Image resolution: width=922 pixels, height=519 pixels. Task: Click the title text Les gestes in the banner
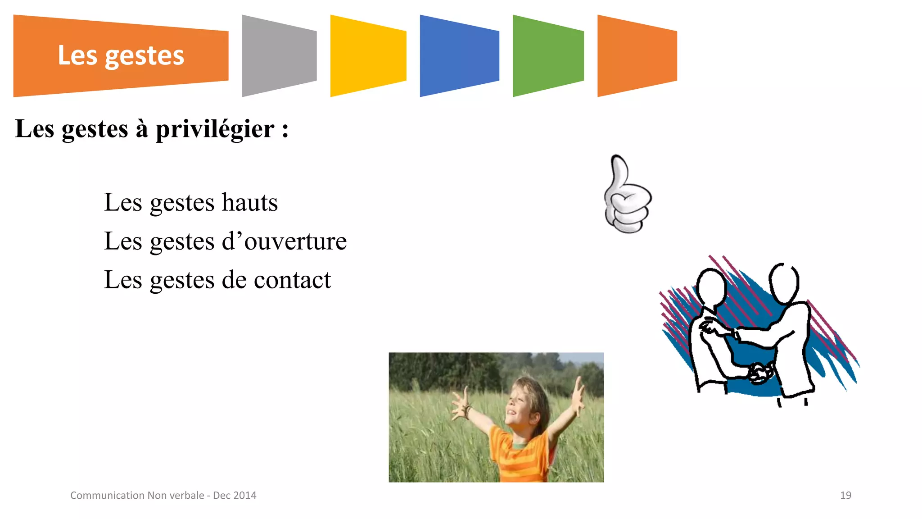point(121,56)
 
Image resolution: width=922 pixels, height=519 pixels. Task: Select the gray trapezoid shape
point(279,56)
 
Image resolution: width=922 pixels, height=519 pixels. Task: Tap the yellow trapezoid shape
point(368,56)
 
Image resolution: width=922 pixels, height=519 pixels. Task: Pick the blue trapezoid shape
point(459,56)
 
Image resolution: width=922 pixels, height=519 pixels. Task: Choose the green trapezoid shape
point(548,56)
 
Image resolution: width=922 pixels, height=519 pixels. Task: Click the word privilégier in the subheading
point(215,130)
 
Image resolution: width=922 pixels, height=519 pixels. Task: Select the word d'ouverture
point(285,241)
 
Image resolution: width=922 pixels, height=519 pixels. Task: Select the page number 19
point(845,496)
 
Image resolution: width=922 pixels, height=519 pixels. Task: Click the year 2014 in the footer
point(245,496)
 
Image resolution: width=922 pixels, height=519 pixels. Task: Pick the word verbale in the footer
point(186,496)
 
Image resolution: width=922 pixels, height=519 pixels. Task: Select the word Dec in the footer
point(221,496)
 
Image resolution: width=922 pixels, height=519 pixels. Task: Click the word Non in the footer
point(157,496)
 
